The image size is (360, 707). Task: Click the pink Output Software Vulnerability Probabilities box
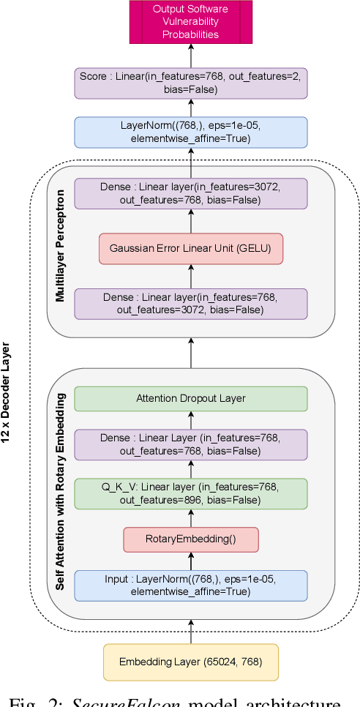[x=191, y=20]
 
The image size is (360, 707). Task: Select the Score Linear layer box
[x=191, y=83]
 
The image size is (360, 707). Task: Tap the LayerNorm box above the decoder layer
[x=191, y=132]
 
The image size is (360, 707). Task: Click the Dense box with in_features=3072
[x=191, y=194]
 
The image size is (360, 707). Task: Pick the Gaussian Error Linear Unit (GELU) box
[x=191, y=249]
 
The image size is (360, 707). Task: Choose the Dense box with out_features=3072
[x=191, y=303]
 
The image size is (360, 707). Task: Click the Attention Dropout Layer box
[x=191, y=399]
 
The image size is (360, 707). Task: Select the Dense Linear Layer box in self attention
[x=191, y=445]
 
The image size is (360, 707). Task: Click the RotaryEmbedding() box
[x=191, y=539]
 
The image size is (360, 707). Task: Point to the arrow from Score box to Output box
[x=191, y=56]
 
